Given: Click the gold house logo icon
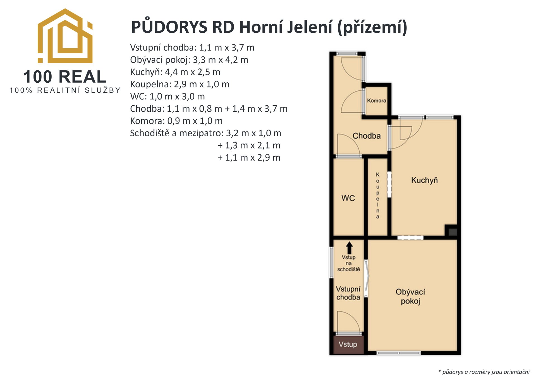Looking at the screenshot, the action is click(x=65, y=36).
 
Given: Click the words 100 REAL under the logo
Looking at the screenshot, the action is click(x=65, y=77).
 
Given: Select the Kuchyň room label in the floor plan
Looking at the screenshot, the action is click(x=424, y=180).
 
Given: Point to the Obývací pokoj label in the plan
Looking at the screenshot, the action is click(x=410, y=296).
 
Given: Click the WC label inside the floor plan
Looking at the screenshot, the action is click(x=348, y=198).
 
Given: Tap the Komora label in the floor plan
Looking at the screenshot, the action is click(x=376, y=101).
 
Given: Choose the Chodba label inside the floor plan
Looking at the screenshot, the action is click(x=367, y=136).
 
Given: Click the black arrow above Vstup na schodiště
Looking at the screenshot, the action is click(x=349, y=248).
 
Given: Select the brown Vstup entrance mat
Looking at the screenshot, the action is click(x=348, y=344).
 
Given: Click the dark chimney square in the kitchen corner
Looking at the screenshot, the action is click(x=451, y=231).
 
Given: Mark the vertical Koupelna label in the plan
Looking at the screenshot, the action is click(x=378, y=195).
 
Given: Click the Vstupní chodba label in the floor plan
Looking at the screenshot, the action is click(x=348, y=293).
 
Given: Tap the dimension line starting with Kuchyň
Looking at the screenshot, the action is click(x=175, y=72).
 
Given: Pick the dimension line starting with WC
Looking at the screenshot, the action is click(x=167, y=96).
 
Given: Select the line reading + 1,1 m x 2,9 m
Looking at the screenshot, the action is click(x=249, y=158).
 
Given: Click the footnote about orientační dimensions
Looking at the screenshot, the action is click(x=484, y=372).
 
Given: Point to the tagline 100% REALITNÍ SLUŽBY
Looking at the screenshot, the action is click(x=65, y=90).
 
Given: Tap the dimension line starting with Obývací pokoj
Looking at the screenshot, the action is click(x=189, y=60).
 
